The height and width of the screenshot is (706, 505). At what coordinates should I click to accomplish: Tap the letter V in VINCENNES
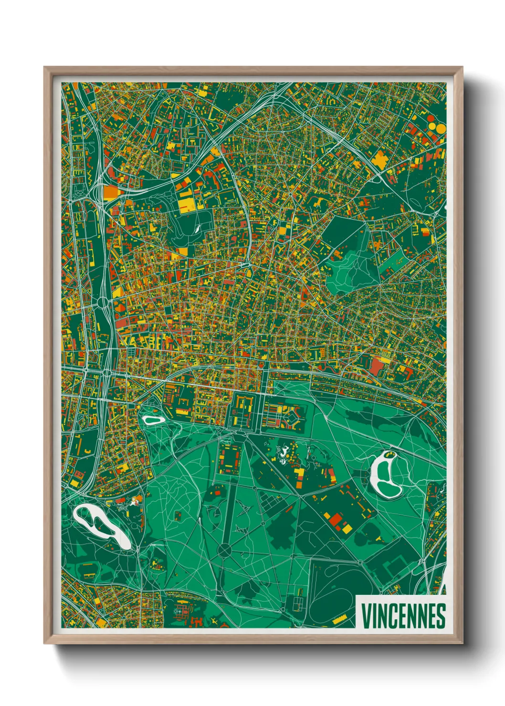tap(366, 616)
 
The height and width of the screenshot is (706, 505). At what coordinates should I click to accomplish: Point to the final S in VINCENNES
tap(441, 616)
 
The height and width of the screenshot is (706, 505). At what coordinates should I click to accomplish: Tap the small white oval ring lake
tap(153, 420)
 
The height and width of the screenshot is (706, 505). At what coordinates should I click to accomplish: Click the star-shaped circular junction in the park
tap(224, 550)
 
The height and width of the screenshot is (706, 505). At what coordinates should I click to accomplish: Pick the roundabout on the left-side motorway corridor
tap(103, 302)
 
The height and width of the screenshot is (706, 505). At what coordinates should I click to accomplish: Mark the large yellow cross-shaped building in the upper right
tap(380, 160)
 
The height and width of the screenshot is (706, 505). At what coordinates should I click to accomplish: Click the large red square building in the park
tap(337, 519)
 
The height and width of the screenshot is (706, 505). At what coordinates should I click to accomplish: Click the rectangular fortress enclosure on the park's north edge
tap(242, 409)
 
